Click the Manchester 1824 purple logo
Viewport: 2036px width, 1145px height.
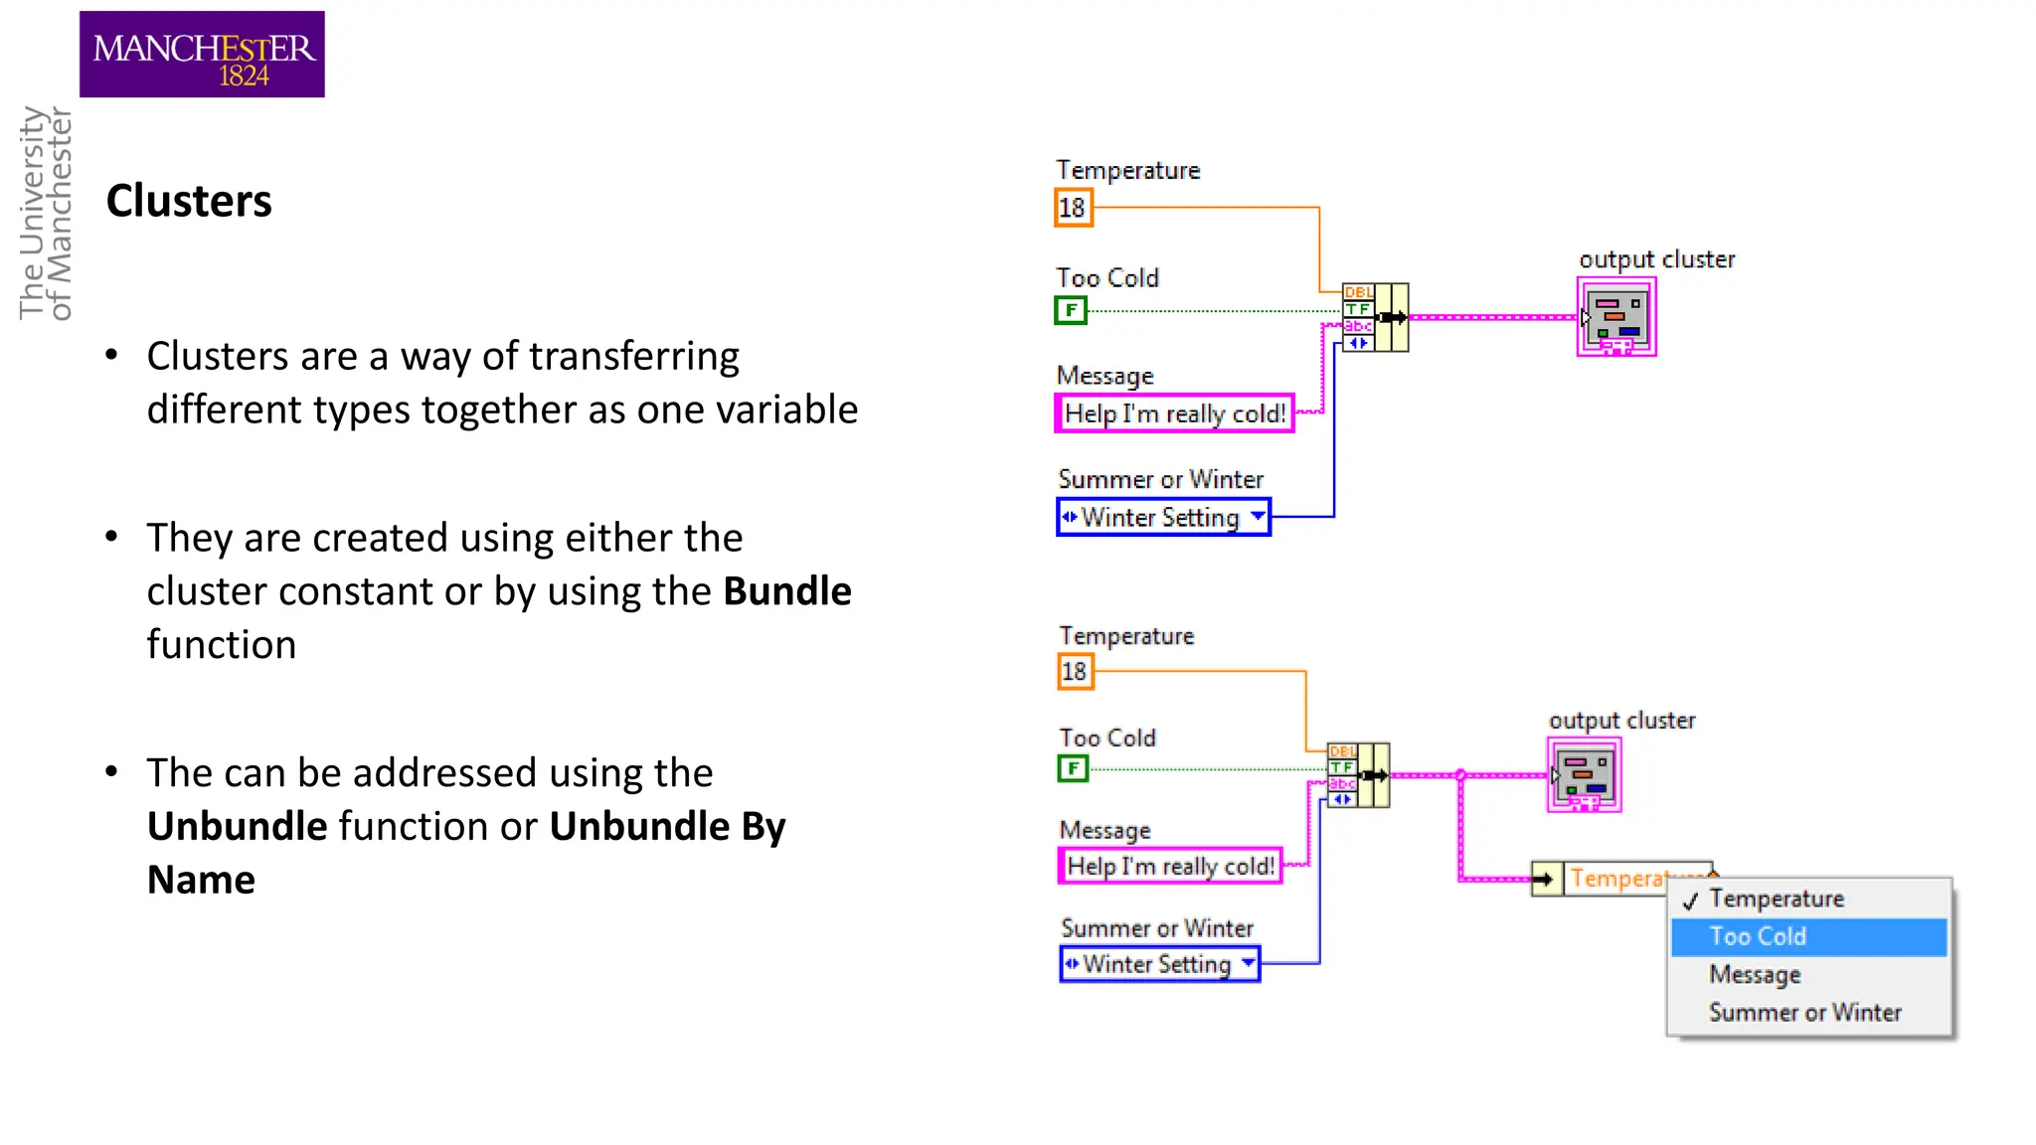pyautogui.click(x=202, y=55)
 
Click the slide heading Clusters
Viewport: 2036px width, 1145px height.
pyautogui.click(x=189, y=201)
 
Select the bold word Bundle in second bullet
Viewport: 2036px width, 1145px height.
pyautogui.click(x=786, y=591)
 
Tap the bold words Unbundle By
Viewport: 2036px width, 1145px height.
pyautogui.click(x=666, y=827)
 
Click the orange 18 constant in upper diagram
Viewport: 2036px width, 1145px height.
pyautogui.click(x=1073, y=208)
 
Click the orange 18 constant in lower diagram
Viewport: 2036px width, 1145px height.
pyautogui.click(x=1075, y=672)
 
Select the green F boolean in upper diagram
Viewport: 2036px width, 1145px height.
pyautogui.click(x=1071, y=310)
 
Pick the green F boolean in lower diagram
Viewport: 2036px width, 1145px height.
pyautogui.click(x=1073, y=768)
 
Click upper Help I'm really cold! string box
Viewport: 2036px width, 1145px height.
pyautogui.click(x=1174, y=413)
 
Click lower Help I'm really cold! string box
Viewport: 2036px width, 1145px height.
pyautogui.click(x=1170, y=866)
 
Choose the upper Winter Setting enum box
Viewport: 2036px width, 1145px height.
pyautogui.click(x=1163, y=517)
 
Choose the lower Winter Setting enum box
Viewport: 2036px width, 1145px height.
pyautogui.click(x=1159, y=964)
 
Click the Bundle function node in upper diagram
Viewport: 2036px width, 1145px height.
pyautogui.click(x=1375, y=317)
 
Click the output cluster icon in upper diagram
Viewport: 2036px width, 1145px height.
pyautogui.click(x=1616, y=317)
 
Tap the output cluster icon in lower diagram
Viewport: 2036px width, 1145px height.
pyautogui.click(x=1585, y=775)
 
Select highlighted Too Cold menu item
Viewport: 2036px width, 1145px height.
pyautogui.click(x=1808, y=936)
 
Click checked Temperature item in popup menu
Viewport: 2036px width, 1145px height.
pyautogui.click(x=1777, y=899)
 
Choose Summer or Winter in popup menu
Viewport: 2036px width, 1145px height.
pyautogui.click(x=1804, y=1013)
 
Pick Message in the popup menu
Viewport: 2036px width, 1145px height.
pyautogui.click(x=1755, y=975)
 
